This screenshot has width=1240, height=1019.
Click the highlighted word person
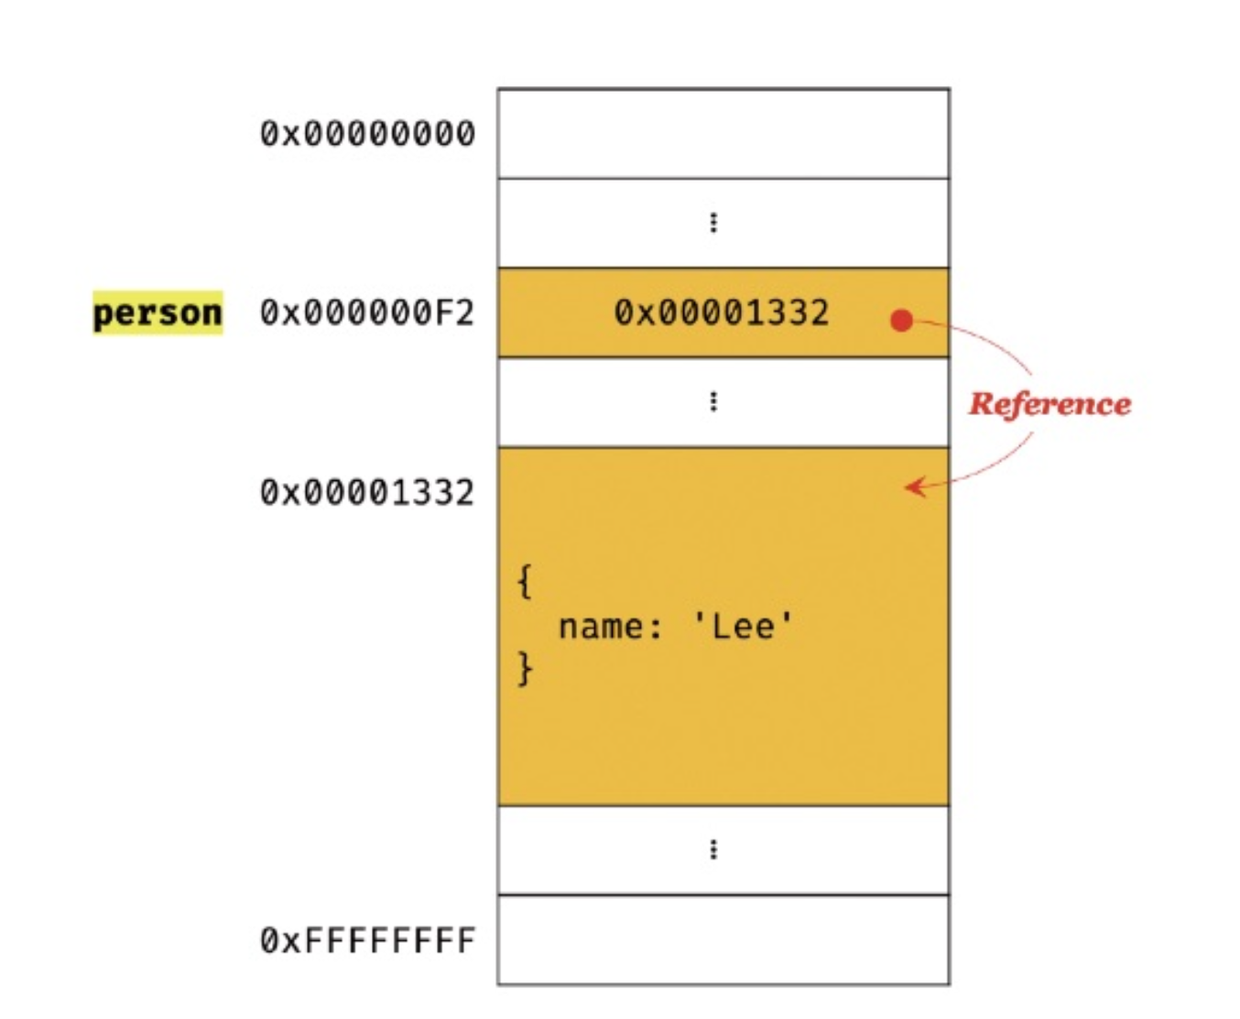click(x=158, y=312)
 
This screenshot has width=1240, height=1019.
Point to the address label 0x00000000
click(x=367, y=134)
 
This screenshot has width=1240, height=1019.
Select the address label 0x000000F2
click(x=367, y=312)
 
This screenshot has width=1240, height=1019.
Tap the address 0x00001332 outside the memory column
click(x=367, y=492)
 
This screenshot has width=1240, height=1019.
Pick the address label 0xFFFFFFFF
click(x=367, y=940)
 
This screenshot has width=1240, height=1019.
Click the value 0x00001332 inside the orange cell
click(x=721, y=312)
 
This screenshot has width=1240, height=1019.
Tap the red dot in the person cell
click(x=902, y=320)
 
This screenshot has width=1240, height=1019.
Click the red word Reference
click(x=1050, y=403)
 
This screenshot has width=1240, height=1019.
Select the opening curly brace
click(x=524, y=582)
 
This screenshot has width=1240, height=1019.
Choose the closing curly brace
click(x=524, y=668)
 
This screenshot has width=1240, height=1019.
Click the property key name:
click(x=610, y=627)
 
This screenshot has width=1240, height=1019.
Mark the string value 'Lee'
click(x=743, y=627)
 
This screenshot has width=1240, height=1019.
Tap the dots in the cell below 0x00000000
click(x=713, y=223)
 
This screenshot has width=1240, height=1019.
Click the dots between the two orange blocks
click(x=713, y=401)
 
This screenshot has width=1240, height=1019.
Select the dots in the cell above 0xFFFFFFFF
click(x=713, y=849)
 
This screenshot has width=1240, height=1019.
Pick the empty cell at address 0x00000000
click(x=723, y=134)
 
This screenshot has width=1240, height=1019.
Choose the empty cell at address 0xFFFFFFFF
click(x=723, y=939)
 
